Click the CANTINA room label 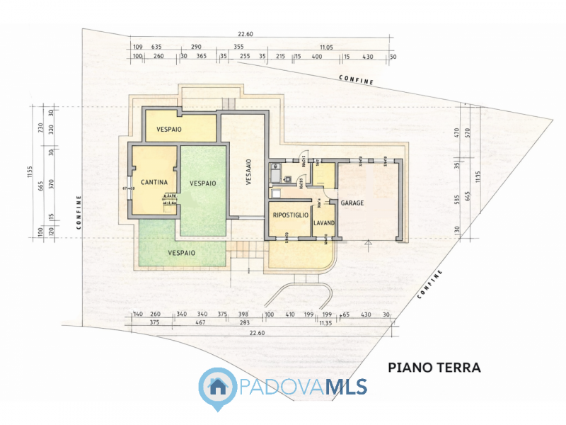click(x=154, y=182)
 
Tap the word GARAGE click(x=352, y=203)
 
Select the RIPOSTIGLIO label click(x=290, y=215)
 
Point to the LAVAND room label click(x=324, y=223)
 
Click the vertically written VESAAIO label click(x=249, y=172)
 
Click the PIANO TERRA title click(x=434, y=368)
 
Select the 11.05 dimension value click(x=325, y=47)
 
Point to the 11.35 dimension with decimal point click(x=325, y=323)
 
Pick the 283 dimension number click(x=245, y=323)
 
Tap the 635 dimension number click(x=156, y=47)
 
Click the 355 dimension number click(x=238, y=47)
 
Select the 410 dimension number click(x=289, y=314)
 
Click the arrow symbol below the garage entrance click(x=367, y=244)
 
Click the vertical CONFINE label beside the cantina click(x=79, y=212)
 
